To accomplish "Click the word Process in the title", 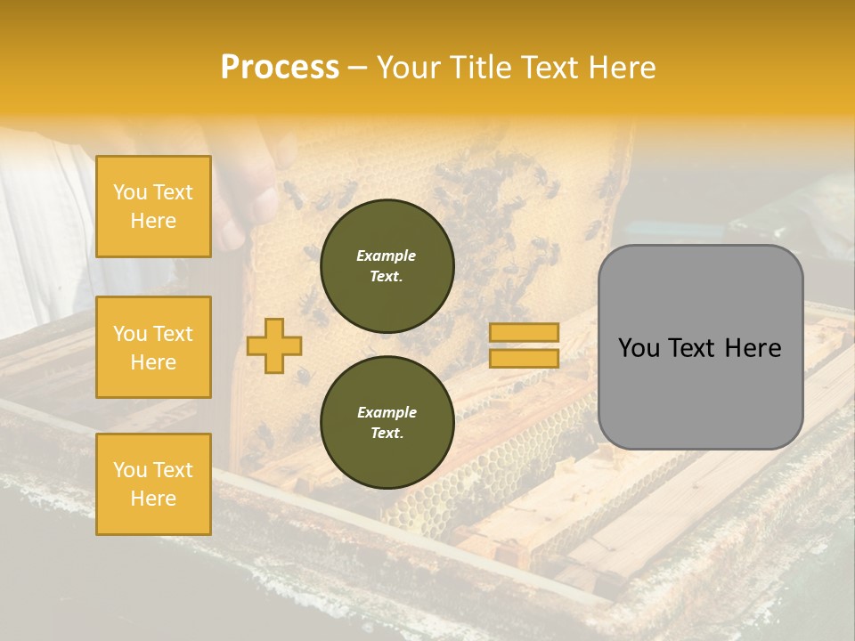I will point(280,68).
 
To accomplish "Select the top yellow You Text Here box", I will point(153,207).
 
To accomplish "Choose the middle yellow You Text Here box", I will point(153,347).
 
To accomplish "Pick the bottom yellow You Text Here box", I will point(153,484).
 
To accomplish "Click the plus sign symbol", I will point(274,345).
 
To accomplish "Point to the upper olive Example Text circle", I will point(387,266).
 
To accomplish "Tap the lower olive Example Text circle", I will point(387,423).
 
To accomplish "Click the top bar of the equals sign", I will point(524,333).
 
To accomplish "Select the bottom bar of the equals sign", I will point(524,359).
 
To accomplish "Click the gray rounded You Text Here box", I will point(700,347).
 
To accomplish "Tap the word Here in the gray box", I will point(753,348).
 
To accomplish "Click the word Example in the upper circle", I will point(387,256).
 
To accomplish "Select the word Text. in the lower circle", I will point(387,434).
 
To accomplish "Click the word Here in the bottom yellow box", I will point(153,499).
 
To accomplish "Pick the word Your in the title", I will point(411,68).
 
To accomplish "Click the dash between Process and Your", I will point(358,69).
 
